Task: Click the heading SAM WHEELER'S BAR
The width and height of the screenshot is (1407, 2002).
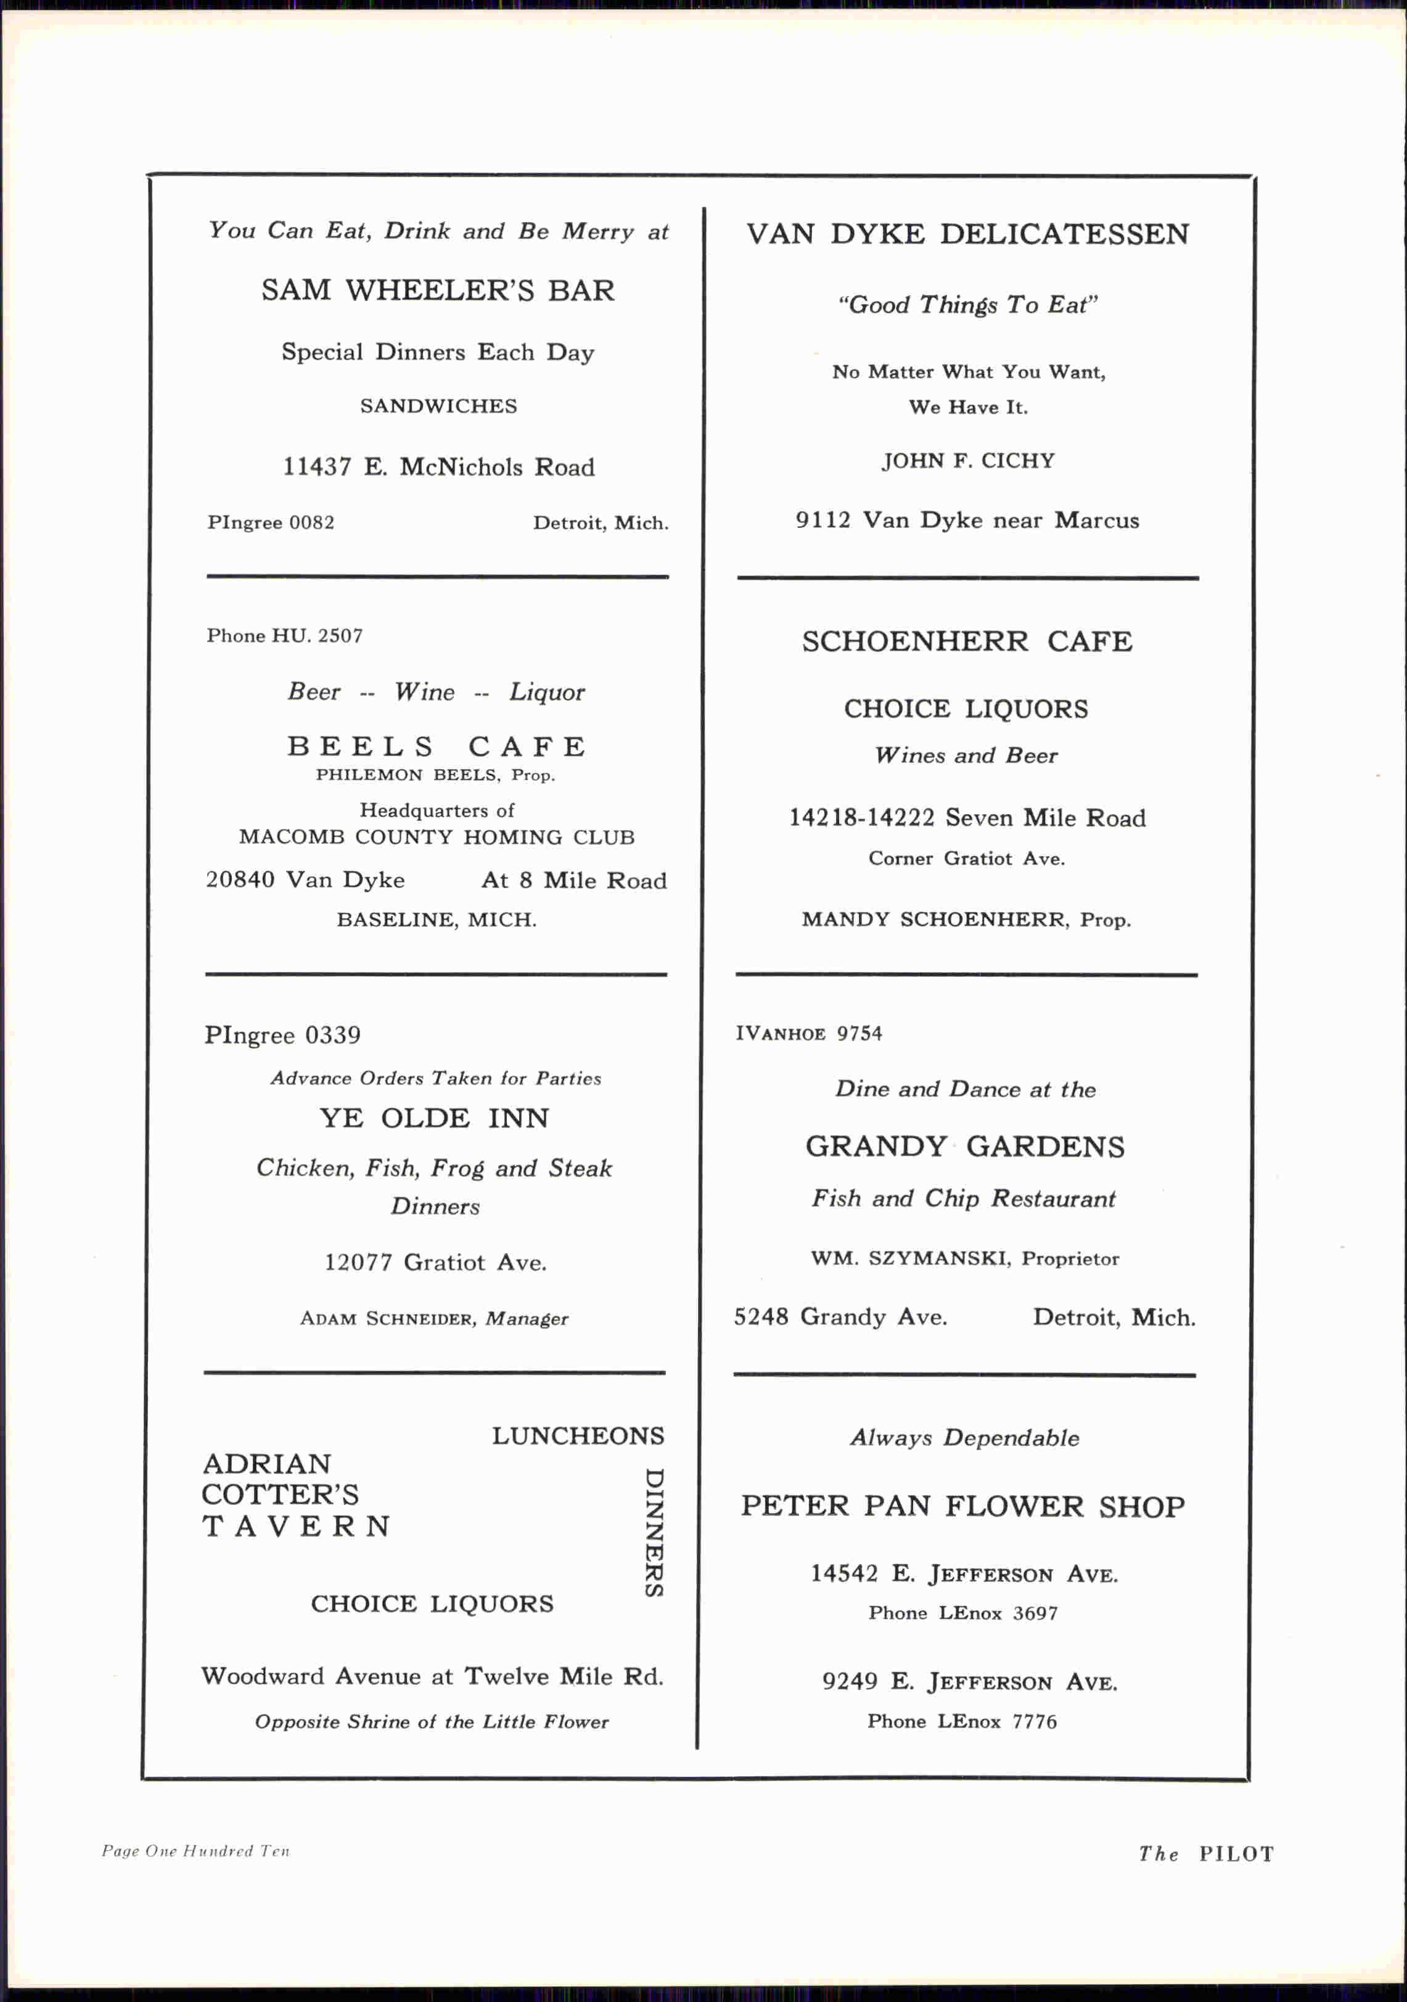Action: pos(438,290)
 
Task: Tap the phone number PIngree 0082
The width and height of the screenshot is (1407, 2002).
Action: pos(270,522)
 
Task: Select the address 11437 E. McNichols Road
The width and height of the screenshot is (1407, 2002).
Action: pos(438,468)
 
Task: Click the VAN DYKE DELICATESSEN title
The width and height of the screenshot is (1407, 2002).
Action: pos(967,234)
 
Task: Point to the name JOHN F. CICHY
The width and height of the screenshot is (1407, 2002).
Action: pos(967,460)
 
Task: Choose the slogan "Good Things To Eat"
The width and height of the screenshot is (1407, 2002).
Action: pos(967,304)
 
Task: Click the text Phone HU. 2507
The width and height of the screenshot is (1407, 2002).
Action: pos(284,636)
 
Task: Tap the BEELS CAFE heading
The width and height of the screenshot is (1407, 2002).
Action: pos(437,746)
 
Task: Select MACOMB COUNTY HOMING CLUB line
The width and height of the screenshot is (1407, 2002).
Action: pos(437,837)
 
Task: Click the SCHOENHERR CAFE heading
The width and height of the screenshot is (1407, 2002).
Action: pos(967,642)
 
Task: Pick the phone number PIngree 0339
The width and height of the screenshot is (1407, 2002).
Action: pos(282,1035)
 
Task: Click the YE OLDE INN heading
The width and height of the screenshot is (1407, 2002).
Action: pos(434,1118)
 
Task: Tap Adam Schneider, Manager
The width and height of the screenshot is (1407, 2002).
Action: pos(434,1319)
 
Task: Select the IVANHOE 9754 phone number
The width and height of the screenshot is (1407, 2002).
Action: pos(808,1033)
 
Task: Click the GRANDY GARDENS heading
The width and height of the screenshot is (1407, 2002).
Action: pos(965,1146)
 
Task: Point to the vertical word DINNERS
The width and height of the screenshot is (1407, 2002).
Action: pos(654,1532)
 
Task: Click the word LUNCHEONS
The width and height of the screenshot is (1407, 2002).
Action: pos(578,1436)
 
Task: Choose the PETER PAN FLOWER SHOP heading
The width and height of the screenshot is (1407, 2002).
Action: pos(963,1506)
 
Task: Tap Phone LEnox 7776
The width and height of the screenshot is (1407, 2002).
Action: pos(962,1721)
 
